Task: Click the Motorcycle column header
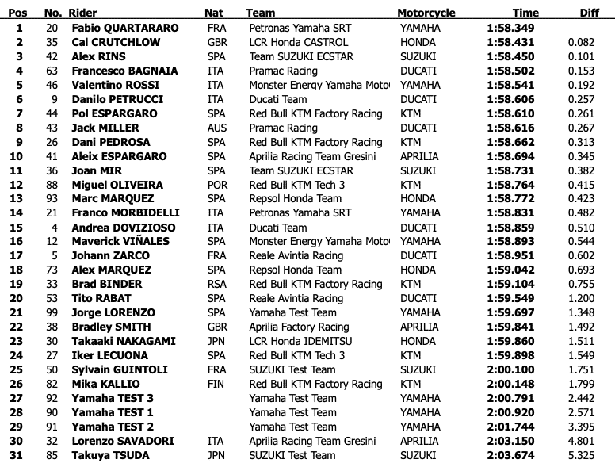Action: [426, 13]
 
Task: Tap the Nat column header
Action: [213, 13]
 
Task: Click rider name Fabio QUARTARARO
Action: [124, 28]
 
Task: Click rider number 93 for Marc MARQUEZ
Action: [52, 199]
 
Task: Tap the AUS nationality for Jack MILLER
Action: [216, 128]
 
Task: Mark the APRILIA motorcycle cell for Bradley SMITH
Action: [418, 327]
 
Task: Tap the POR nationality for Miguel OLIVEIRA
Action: [216, 185]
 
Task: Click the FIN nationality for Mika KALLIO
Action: [214, 384]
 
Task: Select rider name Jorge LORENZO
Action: [113, 312]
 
